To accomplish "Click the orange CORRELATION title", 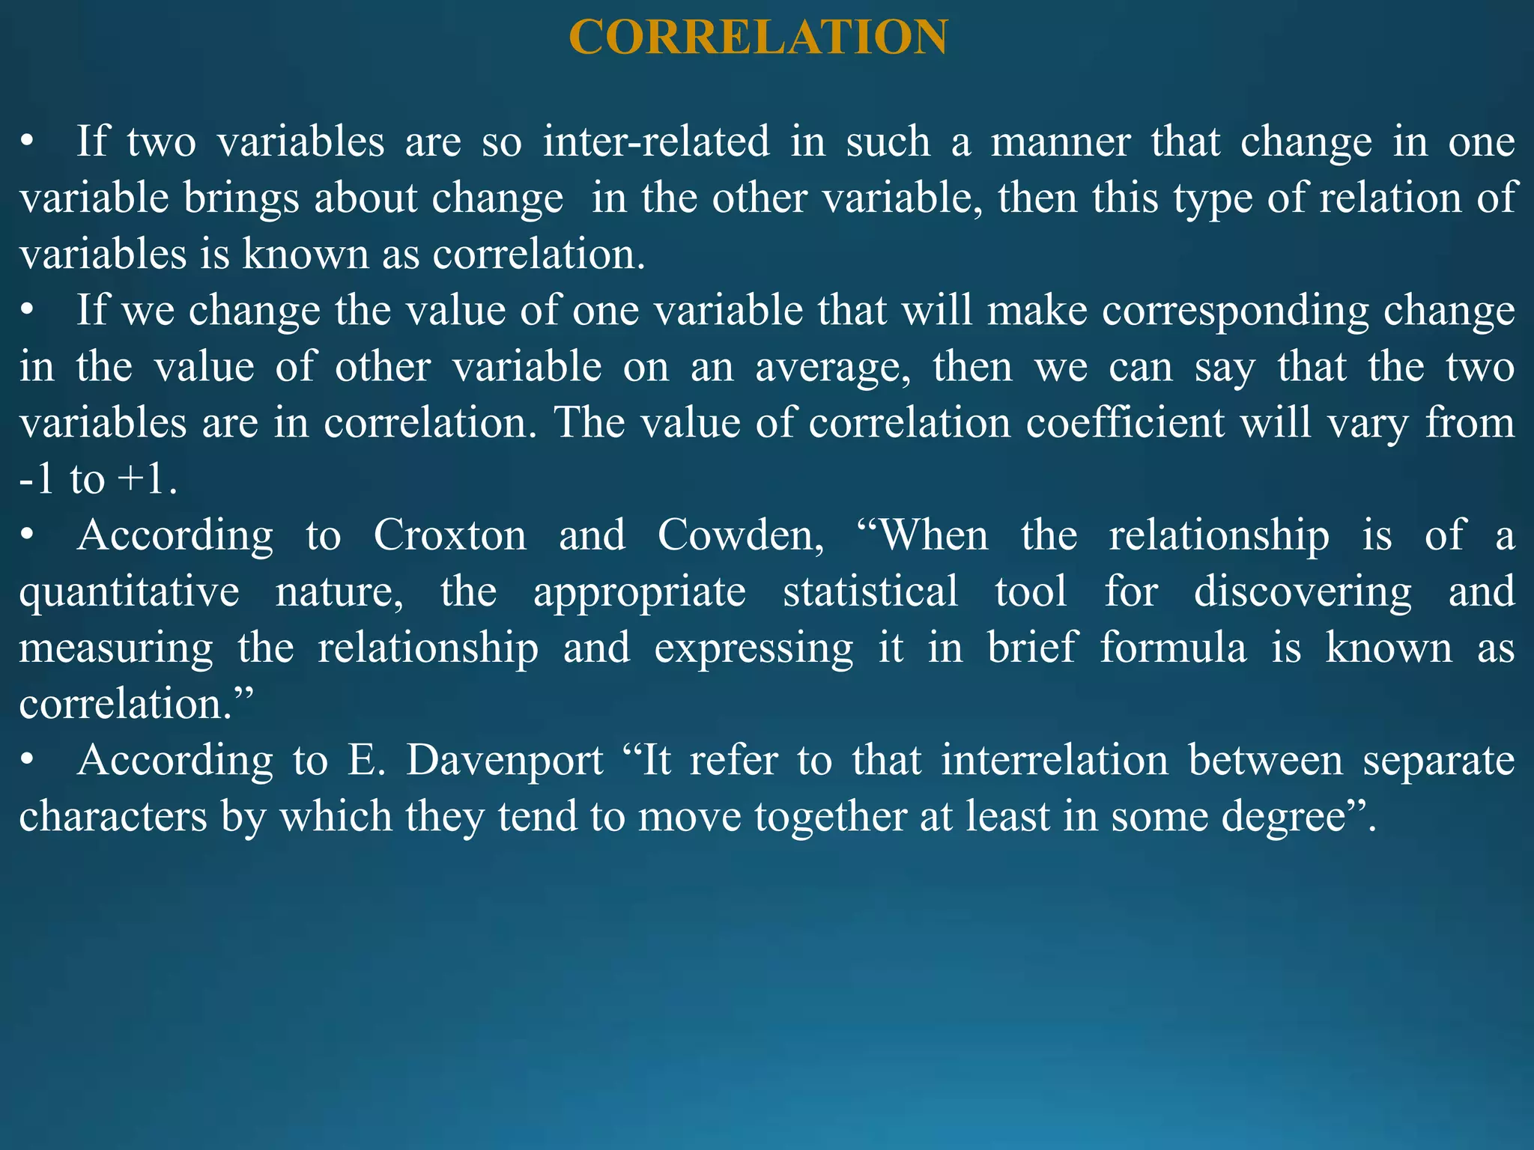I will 758,37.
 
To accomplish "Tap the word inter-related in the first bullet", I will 656,142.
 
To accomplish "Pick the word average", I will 831,368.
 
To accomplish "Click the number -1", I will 37,479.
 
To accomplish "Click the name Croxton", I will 450,535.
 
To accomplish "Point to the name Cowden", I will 740,535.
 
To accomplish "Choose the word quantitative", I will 129,592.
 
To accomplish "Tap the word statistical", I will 870,591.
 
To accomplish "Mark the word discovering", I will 1303,592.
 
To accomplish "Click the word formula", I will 1174,648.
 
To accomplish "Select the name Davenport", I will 504,761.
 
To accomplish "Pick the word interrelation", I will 1055,761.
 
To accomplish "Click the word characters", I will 113,817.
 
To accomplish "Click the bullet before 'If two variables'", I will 27,142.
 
